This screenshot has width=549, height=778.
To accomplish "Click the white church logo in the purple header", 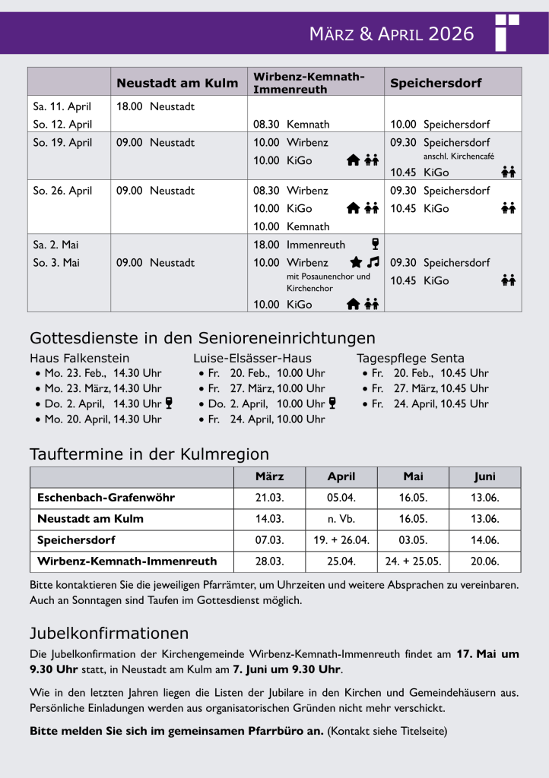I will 507,32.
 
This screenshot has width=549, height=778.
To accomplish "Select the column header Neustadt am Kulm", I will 176,83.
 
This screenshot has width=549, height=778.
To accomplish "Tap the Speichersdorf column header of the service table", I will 436,83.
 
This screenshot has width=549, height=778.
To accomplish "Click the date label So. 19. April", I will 62,142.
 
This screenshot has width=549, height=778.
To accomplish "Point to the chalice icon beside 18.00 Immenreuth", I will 375,244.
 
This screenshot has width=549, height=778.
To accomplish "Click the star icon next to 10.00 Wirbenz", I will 355,262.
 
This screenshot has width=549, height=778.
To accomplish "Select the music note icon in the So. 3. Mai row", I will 373,262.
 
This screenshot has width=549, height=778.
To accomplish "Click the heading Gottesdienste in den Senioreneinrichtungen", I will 202,338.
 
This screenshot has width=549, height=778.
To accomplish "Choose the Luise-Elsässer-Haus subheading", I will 252,358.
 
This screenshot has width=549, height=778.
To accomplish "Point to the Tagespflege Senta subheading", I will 411,358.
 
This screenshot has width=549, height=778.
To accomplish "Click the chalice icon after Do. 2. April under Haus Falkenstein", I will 169,403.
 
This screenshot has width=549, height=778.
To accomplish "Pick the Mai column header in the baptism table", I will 413,476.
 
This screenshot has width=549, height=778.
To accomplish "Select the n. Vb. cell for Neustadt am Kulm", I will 341,519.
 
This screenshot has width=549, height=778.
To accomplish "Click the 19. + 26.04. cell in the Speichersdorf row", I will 341,540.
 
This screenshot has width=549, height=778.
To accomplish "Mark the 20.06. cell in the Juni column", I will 485,561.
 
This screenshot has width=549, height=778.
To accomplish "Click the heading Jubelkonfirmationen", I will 109,633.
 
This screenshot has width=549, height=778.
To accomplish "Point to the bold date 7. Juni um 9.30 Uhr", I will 287,669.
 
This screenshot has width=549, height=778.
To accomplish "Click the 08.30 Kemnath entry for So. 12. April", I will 291,124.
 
